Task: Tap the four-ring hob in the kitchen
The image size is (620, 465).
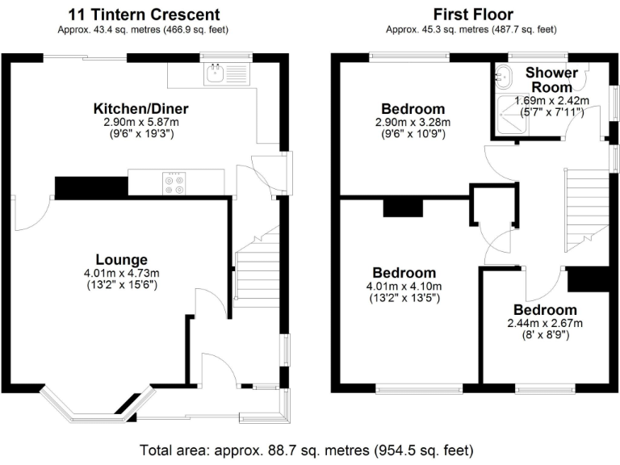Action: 174,183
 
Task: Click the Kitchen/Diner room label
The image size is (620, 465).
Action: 140,108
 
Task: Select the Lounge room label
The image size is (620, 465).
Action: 121,259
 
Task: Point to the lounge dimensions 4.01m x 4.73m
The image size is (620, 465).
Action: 121,273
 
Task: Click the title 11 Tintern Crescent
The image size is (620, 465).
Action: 144,15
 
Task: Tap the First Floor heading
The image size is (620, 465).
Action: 473,15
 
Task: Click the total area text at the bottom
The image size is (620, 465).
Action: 307,450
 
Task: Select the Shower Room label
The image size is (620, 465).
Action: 551,79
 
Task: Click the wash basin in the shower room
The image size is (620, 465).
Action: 504,75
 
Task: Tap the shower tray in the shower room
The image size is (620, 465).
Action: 512,115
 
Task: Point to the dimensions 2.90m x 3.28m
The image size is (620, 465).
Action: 413,122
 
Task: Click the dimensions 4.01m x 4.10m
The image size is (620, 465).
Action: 404,287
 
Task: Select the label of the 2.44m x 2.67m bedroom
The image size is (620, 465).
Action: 545,310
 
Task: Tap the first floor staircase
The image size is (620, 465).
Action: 586,211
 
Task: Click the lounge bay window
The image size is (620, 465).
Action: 96,404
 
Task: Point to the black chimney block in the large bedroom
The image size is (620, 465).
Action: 404,208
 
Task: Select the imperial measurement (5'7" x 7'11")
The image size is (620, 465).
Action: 551,113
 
